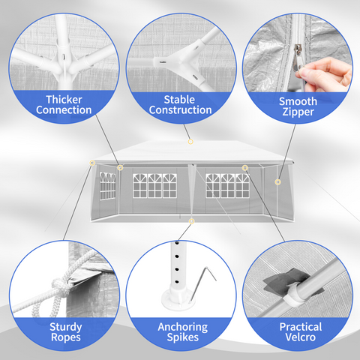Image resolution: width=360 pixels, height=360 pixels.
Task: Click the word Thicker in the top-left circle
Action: coord(64,100)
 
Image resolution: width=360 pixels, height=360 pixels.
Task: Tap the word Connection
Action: coord(64,110)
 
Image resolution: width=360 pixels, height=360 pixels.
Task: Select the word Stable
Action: coord(179,100)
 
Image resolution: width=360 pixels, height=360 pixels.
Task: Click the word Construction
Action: coord(181,110)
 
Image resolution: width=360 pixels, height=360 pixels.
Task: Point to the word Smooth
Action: coord(298,101)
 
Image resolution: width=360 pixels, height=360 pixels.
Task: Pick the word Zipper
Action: coord(298,112)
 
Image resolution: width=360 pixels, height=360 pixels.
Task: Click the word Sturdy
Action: coord(66,327)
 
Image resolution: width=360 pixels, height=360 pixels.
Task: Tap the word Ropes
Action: coord(66,337)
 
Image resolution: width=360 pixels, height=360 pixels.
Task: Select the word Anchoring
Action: coord(183,327)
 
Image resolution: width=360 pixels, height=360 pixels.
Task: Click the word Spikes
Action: coord(183,337)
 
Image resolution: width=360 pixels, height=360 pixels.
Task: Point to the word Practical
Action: coord(301,327)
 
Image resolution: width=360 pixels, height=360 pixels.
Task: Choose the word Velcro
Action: coord(301,337)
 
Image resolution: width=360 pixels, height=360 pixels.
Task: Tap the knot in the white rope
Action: coord(61,286)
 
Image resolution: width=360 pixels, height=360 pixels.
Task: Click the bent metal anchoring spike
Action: coord(202,283)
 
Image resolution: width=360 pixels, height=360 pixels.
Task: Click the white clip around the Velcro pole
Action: coord(294,294)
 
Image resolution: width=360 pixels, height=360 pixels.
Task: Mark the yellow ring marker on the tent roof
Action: coord(190,142)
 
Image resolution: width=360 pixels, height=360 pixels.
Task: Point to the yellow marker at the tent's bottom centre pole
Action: coord(192,221)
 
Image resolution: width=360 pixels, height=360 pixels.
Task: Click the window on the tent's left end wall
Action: coord(108,186)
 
